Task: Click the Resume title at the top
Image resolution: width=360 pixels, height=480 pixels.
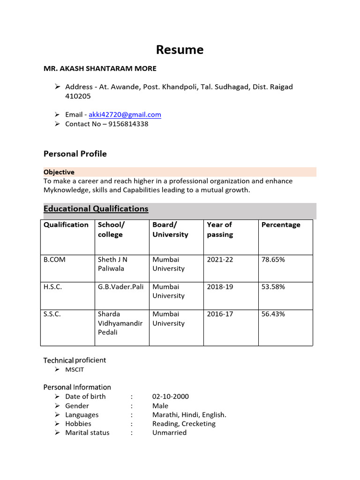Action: [180, 50]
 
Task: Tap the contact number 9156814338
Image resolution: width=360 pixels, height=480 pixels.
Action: [128, 124]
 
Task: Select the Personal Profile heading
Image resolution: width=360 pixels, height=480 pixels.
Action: [75, 154]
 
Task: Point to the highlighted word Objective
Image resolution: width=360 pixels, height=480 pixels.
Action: [59, 172]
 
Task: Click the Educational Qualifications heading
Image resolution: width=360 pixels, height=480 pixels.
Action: [96, 209]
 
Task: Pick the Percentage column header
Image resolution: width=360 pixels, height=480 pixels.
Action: [281, 225]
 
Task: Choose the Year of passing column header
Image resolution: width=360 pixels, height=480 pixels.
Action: [220, 230]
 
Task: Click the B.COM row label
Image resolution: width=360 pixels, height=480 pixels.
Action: [54, 260]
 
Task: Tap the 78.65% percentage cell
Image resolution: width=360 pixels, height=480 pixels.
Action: [273, 260]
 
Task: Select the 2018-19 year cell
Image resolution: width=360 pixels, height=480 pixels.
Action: [220, 287]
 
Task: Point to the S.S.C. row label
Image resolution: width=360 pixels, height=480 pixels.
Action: [52, 314]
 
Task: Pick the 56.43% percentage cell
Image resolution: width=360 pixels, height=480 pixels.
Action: [273, 314]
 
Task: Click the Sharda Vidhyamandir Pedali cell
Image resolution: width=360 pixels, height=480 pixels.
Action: [120, 323]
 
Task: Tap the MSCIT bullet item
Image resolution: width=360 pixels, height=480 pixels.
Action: [75, 370]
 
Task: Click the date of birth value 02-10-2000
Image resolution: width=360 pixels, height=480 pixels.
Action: [171, 397]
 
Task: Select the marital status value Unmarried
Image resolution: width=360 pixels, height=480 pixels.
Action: [169, 433]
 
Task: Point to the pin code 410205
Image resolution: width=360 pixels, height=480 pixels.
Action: [78, 97]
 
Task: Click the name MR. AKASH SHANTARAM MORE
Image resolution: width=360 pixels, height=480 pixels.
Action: [100, 68]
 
